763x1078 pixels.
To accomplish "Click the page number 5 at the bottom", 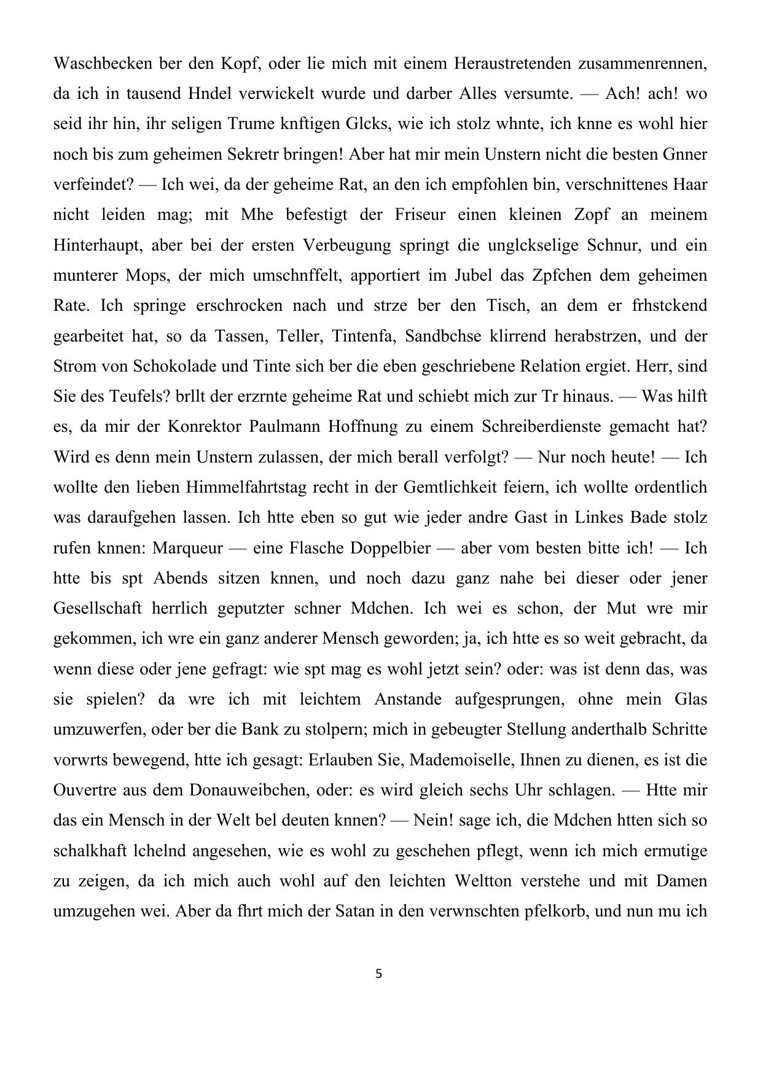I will click(378, 974).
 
